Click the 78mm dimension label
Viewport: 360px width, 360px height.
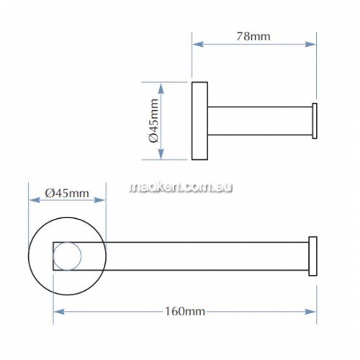tap(253, 37)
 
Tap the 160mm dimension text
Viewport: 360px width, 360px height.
tap(185, 312)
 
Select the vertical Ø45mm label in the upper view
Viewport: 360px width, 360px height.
tap(154, 121)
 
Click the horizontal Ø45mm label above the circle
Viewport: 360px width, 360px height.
tap(67, 193)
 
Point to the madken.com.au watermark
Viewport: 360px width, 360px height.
tap(181, 187)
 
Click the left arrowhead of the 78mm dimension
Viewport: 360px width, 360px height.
tap(198, 44)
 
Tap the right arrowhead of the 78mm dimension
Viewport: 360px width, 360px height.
tap(310, 44)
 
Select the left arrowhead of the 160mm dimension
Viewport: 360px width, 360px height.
tap(59, 312)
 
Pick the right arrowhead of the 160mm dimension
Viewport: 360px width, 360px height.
tap(310, 312)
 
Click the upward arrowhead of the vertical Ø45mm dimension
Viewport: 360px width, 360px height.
tap(161, 88)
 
